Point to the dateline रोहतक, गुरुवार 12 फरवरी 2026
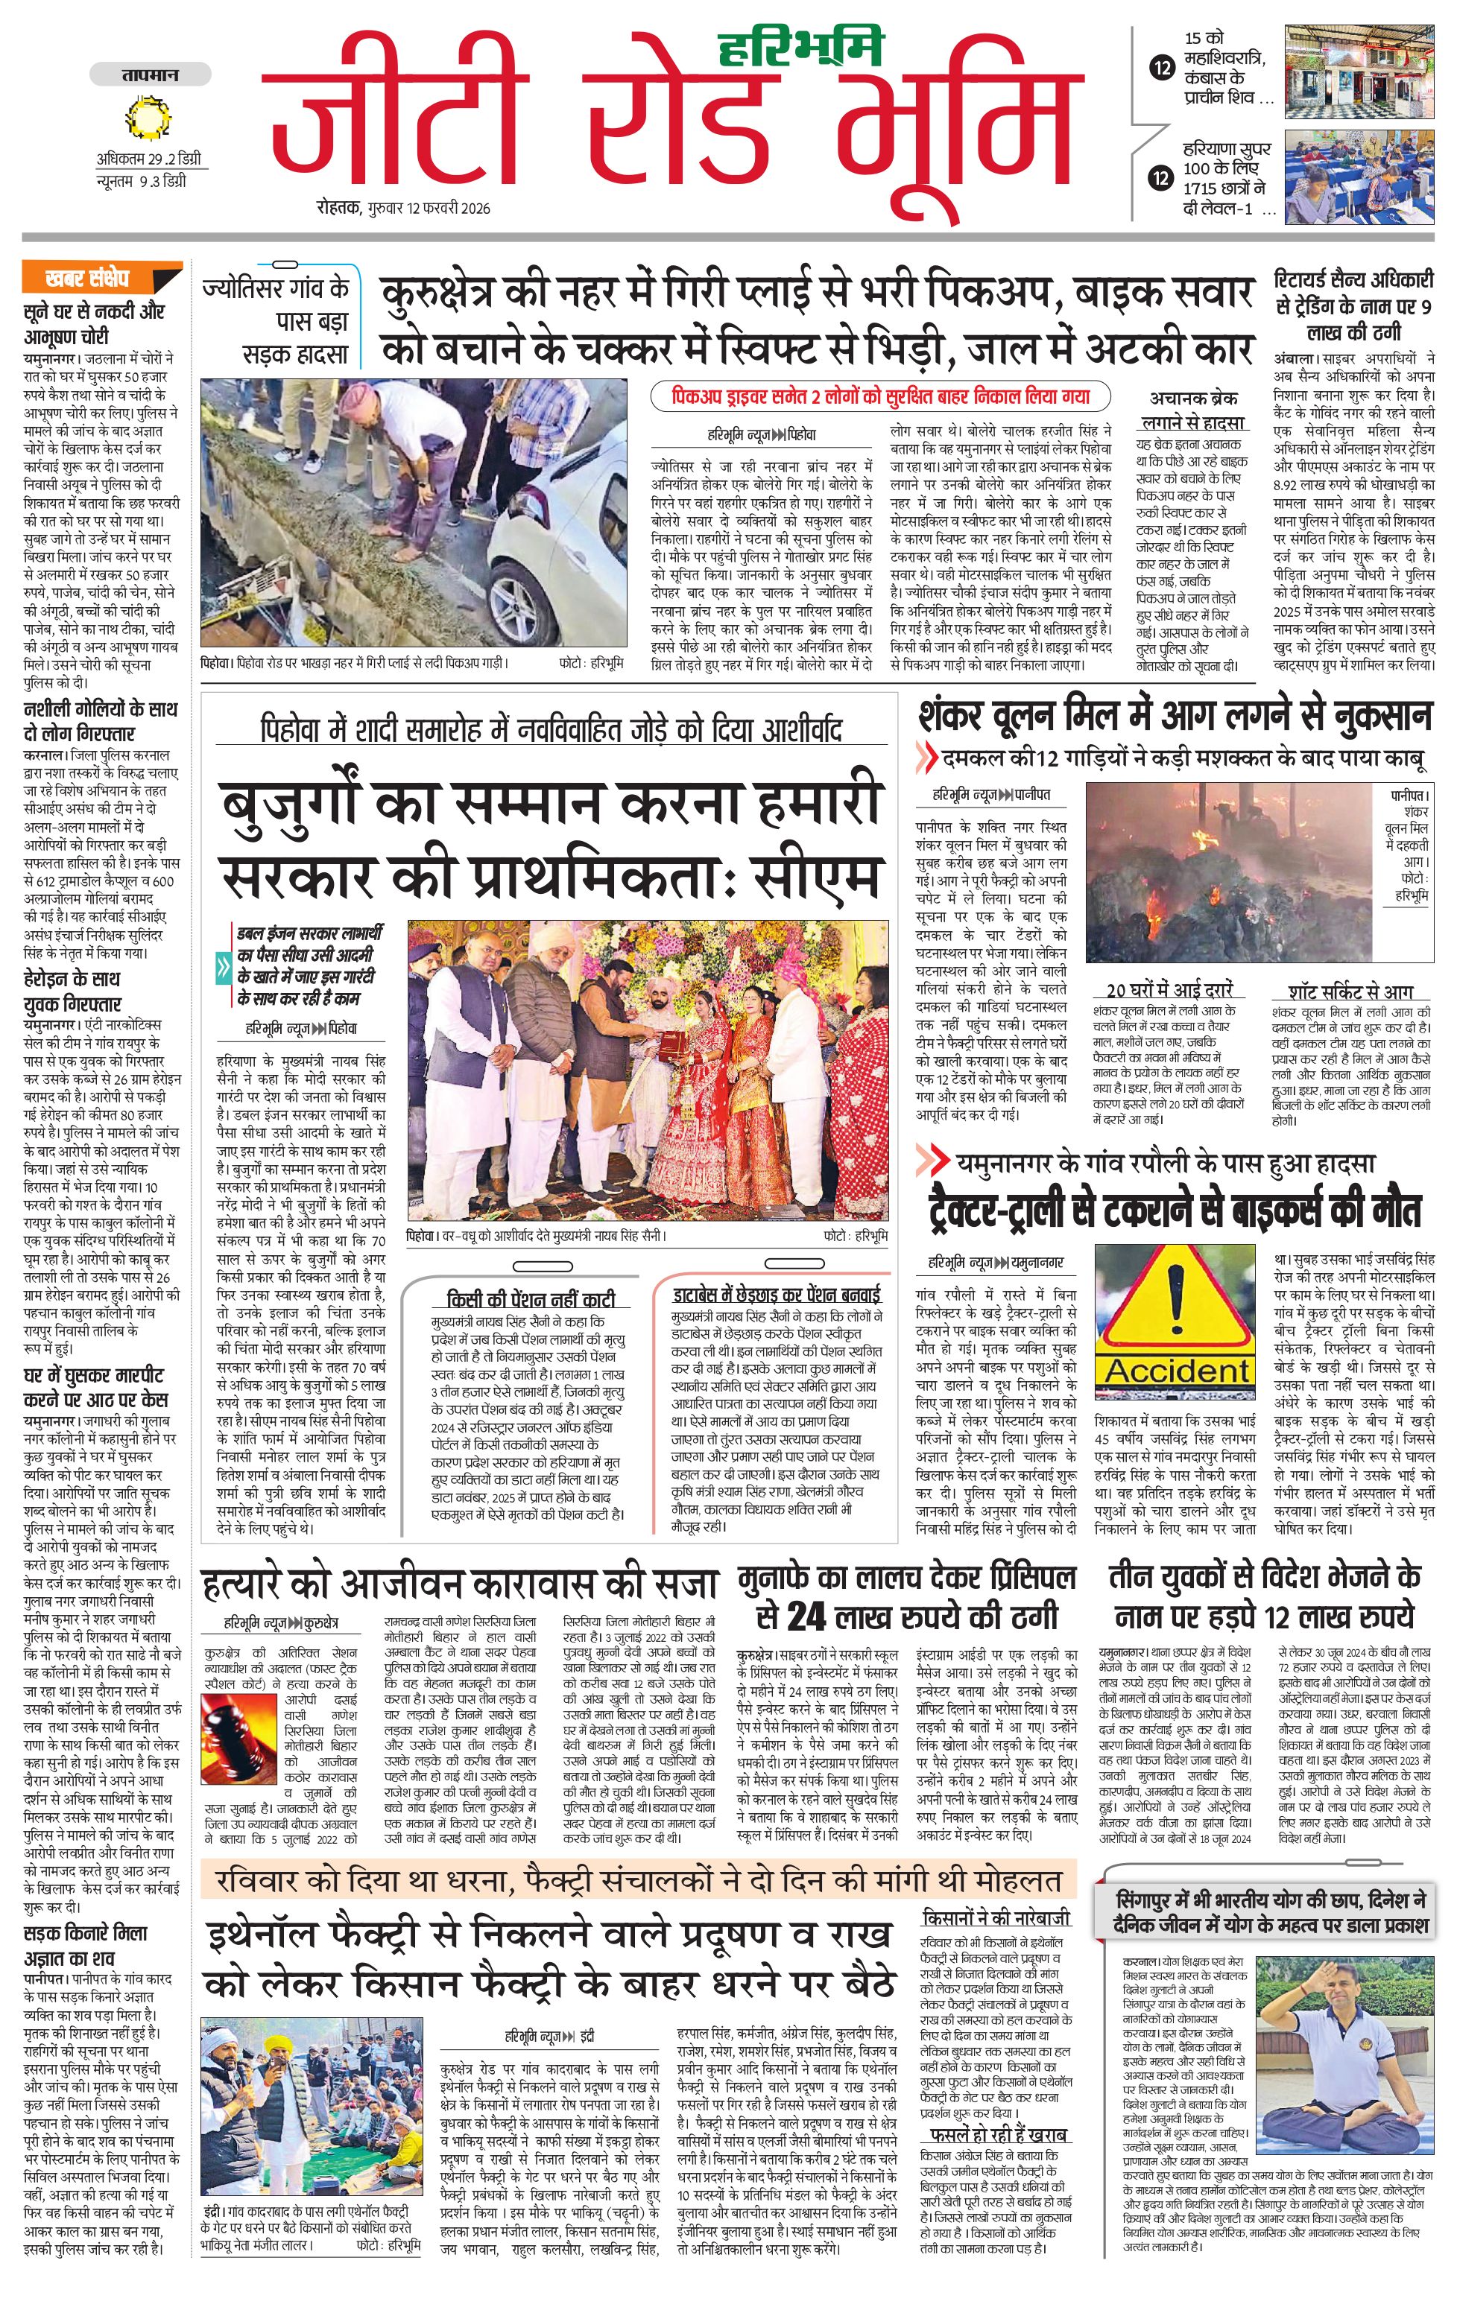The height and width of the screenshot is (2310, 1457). pyautogui.click(x=403, y=208)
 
